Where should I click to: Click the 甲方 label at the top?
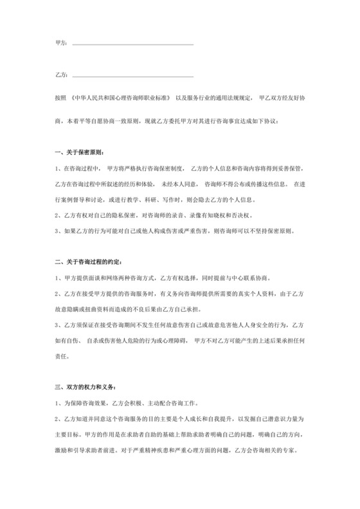[61, 44]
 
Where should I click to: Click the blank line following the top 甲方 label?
[132, 44]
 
